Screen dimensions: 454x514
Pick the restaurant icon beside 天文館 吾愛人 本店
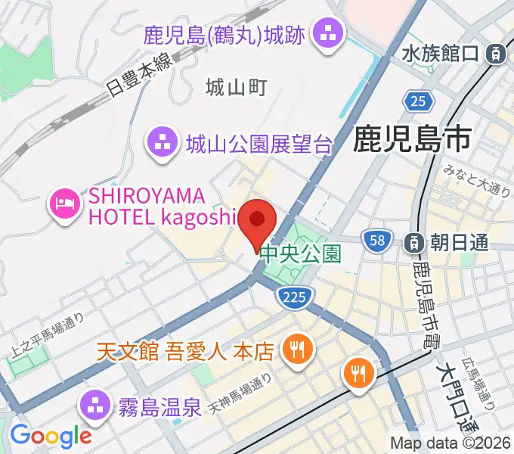(294, 350)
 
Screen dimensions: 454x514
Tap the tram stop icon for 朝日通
(415, 243)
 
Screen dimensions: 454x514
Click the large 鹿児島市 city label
(412, 139)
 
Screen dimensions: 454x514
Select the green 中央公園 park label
(301, 253)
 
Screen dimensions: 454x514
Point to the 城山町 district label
(236, 89)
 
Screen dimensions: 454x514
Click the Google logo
(51, 436)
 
